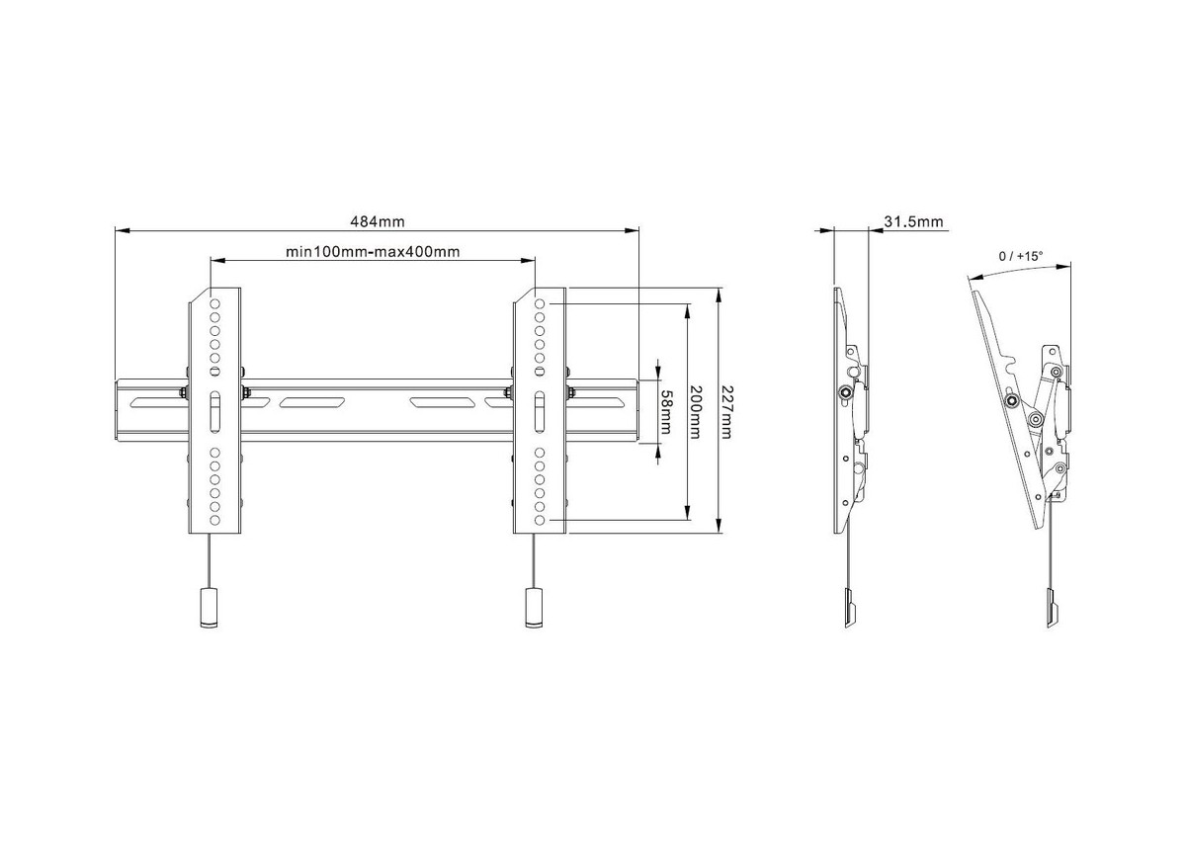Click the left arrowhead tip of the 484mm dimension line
pyautogui.click(x=116, y=230)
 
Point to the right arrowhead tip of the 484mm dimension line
pyautogui.click(x=638, y=230)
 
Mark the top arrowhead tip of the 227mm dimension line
pyautogui.click(x=719, y=289)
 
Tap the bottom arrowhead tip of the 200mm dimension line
pyautogui.click(x=687, y=520)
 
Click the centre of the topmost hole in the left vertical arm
pyautogui.click(x=215, y=303)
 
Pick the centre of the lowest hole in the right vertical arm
pyautogui.click(x=540, y=521)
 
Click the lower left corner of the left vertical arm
pyautogui.click(x=189, y=534)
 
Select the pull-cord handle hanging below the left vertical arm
pyautogui.click(x=210, y=608)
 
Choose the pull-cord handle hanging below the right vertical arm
pyautogui.click(x=534, y=608)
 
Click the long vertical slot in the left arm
pyautogui.click(x=215, y=412)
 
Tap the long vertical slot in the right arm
pyautogui.click(x=540, y=412)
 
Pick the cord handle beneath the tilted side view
pyautogui.click(x=1053, y=609)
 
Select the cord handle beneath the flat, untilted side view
pyautogui.click(x=850, y=609)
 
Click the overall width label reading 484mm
pyautogui.click(x=378, y=221)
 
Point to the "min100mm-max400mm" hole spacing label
pyautogui.click(x=373, y=252)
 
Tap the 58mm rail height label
pyautogui.click(x=666, y=412)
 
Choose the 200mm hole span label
pyautogui.click(x=696, y=412)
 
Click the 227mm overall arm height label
pyautogui.click(x=727, y=412)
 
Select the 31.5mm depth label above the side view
pyautogui.click(x=914, y=221)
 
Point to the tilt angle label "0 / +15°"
pyautogui.click(x=1021, y=256)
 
